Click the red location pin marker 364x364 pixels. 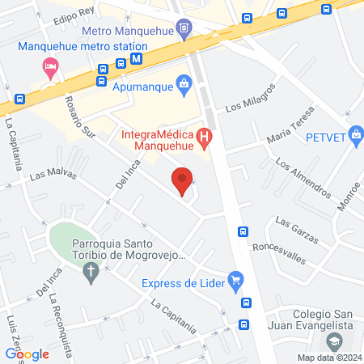[x=182, y=180]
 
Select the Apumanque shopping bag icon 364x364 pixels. [x=185, y=83]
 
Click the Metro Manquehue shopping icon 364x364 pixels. [x=185, y=29]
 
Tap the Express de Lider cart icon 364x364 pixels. [x=235, y=282]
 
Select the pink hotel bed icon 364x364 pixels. [x=50, y=66]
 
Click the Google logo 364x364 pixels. [x=28, y=353]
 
